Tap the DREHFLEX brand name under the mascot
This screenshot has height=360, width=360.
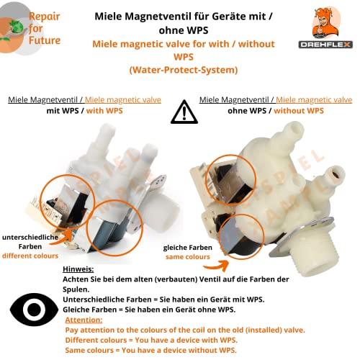(x=325, y=45)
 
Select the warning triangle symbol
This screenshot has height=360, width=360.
(x=184, y=112)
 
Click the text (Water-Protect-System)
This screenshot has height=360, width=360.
(x=183, y=69)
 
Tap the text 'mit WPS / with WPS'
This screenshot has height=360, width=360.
(x=84, y=111)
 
